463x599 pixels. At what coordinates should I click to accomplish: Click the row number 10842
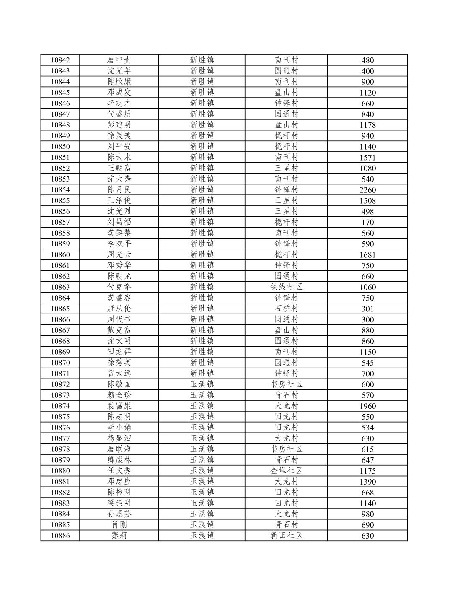click(x=60, y=60)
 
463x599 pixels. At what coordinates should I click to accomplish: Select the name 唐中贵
click(x=119, y=60)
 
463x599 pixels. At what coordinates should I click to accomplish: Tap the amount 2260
click(x=367, y=190)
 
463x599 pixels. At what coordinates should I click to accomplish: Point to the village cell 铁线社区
click(x=286, y=287)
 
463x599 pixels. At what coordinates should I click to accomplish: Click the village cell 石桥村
click(x=286, y=309)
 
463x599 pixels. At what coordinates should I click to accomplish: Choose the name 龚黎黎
click(x=119, y=233)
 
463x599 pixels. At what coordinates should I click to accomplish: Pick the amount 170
click(x=367, y=222)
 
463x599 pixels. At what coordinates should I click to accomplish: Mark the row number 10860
click(x=60, y=254)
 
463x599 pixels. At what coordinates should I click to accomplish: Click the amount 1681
click(x=367, y=254)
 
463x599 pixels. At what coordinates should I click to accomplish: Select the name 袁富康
click(x=119, y=406)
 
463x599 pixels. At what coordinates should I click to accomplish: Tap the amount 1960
click(x=367, y=406)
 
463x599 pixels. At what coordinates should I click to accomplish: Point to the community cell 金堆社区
click(x=286, y=471)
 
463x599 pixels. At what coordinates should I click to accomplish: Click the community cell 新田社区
click(x=286, y=535)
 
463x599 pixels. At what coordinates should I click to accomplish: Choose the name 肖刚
click(x=119, y=525)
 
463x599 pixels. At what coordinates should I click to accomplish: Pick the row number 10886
click(x=60, y=535)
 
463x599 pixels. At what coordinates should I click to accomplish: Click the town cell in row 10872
click(x=202, y=384)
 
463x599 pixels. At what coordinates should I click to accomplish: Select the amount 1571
click(x=367, y=157)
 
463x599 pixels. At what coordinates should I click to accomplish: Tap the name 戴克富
click(x=119, y=330)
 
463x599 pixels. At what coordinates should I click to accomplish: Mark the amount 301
click(x=367, y=309)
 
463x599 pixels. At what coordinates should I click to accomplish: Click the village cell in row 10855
click(x=286, y=200)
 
